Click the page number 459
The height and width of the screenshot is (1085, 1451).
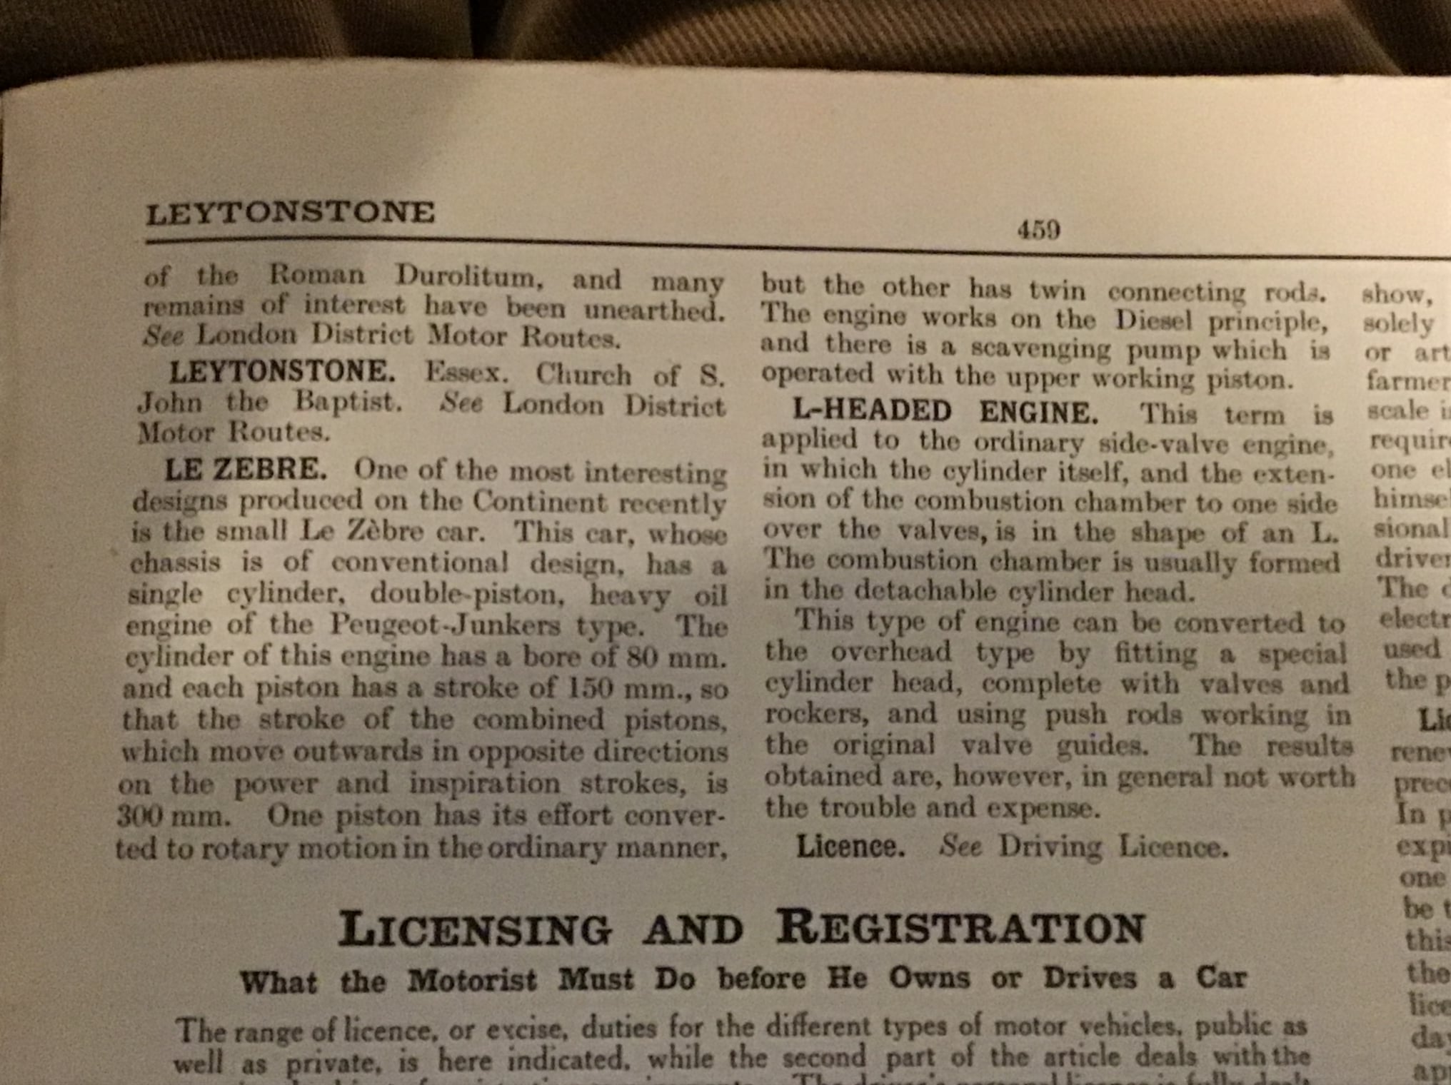pyautogui.click(x=1038, y=229)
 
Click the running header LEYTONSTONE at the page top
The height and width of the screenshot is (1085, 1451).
pyautogui.click(x=290, y=213)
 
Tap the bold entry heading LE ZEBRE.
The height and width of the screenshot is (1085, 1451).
pyautogui.click(x=246, y=470)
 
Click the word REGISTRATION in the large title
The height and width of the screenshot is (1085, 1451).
pyautogui.click(x=960, y=928)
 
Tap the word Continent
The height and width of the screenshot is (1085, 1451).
pyautogui.click(x=540, y=502)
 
